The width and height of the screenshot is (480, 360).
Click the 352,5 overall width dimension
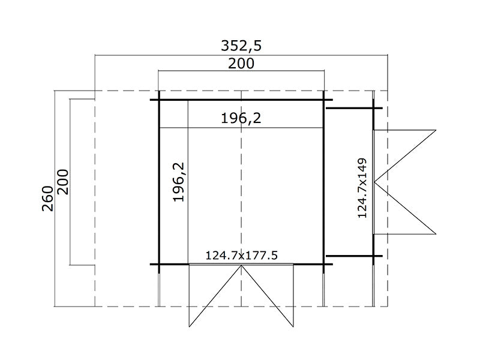pos(242,46)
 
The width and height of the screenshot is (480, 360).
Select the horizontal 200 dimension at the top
pos(241,64)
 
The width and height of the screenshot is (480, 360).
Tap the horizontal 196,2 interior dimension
pos(241,119)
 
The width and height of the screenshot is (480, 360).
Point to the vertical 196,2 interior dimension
pos(178,182)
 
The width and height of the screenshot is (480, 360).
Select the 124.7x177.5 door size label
pos(241,256)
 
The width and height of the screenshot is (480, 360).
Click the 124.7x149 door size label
pos(362,188)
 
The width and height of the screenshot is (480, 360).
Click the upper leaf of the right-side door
pos(408,153)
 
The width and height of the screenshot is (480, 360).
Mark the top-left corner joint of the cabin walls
pos(159,100)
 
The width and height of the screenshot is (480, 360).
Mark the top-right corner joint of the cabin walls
pos(324,100)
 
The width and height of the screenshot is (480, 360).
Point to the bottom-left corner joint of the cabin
pos(159,264)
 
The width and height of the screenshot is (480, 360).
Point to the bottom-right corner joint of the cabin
pos(324,264)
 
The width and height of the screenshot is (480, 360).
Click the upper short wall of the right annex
pos(351,108)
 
